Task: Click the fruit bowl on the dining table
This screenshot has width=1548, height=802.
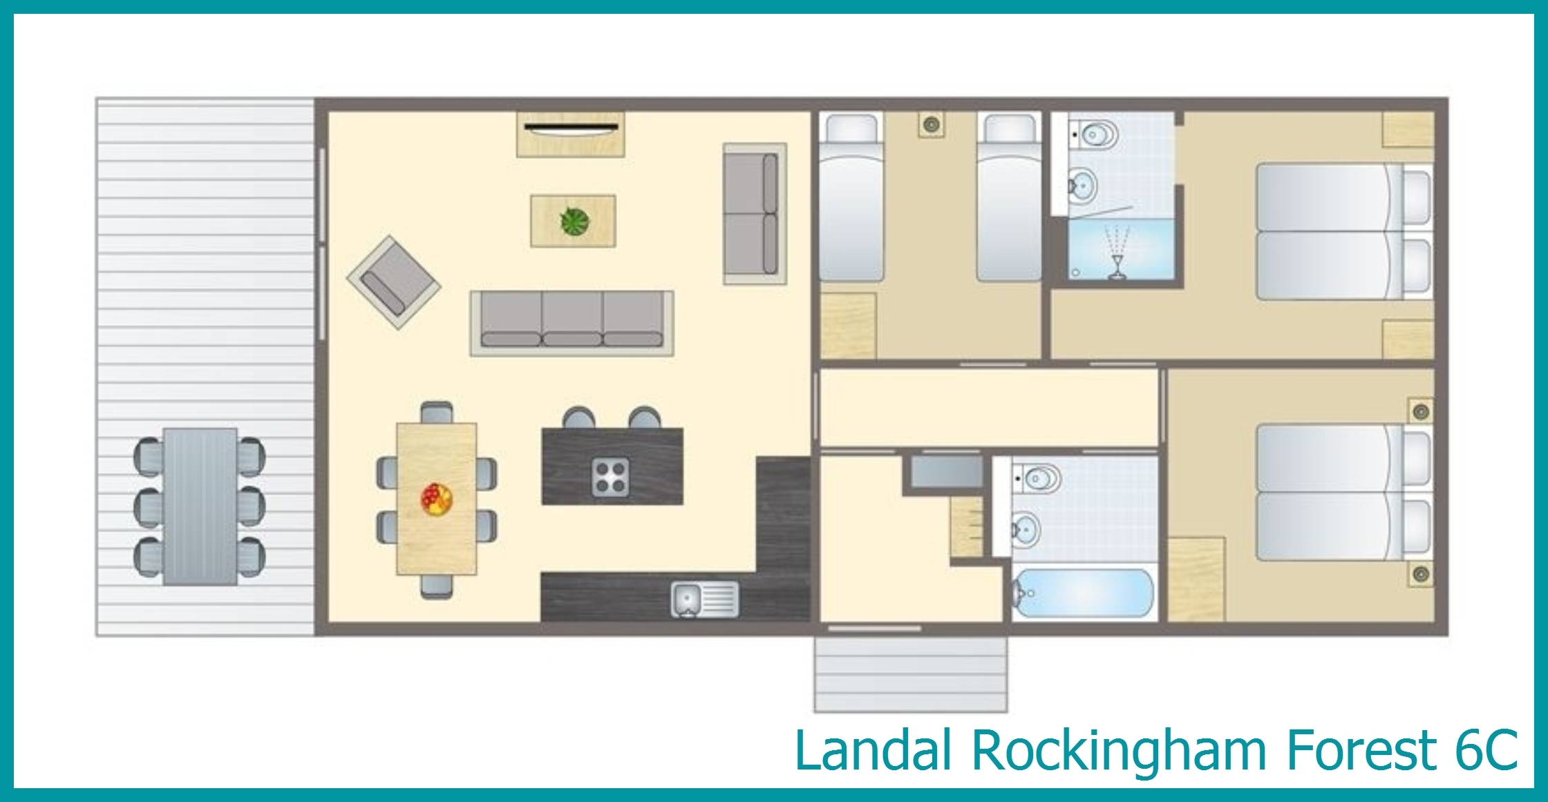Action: pos(437,499)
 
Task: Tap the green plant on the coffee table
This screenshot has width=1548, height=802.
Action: pos(575,222)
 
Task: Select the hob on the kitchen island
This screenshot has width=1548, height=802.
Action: pos(611,477)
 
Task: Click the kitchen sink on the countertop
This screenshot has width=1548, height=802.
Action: pos(704,599)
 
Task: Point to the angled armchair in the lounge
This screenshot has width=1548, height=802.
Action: pos(393,282)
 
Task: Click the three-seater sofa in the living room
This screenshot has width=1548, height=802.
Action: pos(572,323)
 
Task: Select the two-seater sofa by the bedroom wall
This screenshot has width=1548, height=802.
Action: pos(755,214)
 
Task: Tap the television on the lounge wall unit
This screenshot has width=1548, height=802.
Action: pos(571,128)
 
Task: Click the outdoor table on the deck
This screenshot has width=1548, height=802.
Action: pos(200,507)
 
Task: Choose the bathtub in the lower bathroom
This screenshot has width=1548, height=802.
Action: pos(1083,593)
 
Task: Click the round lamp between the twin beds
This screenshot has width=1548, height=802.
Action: pos(932,125)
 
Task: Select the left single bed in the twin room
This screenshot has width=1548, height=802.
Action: pos(851,198)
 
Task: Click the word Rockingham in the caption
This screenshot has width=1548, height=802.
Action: pos(1119,749)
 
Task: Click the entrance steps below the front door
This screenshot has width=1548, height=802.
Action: pos(910,674)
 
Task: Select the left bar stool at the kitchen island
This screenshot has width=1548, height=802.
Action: pos(579,418)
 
